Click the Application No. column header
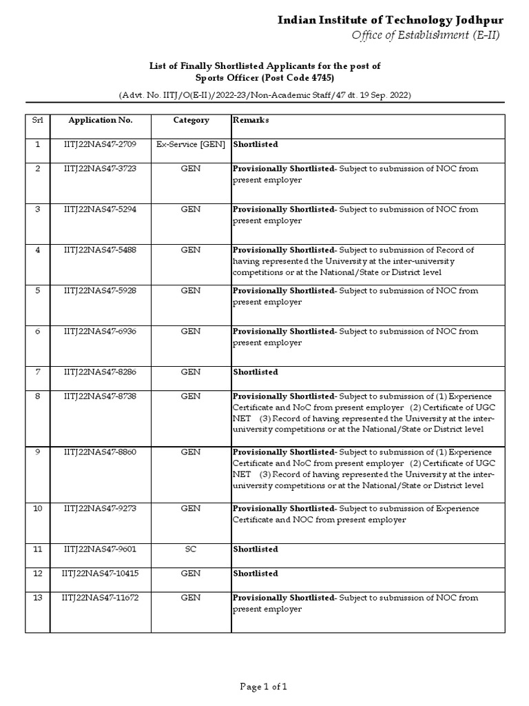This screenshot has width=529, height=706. [x=101, y=120]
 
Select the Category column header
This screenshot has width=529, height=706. [x=191, y=120]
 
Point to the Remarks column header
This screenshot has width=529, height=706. [x=251, y=120]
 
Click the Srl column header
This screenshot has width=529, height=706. [x=37, y=120]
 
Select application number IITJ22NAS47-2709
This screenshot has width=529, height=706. [x=101, y=144]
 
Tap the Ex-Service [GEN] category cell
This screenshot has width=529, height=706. [x=191, y=144]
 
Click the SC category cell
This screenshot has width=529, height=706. [x=191, y=549]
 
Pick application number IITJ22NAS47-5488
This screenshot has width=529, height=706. [x=101, y=250]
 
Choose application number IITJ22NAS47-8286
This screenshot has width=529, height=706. [x=101, y=372]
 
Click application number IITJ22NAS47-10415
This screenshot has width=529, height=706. [x=101, y=573]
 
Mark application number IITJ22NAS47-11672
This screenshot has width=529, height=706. [x=101, y=597]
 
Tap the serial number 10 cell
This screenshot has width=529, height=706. [x=38, y=508]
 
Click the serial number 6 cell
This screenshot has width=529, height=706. [x=38, y=331]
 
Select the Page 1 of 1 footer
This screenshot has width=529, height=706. [x=263, y=686]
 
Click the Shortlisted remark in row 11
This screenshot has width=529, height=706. [x=256, y=549]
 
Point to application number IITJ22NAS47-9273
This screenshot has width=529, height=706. [x=101, y=508]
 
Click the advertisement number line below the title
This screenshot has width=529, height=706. [x=264, y=94]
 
